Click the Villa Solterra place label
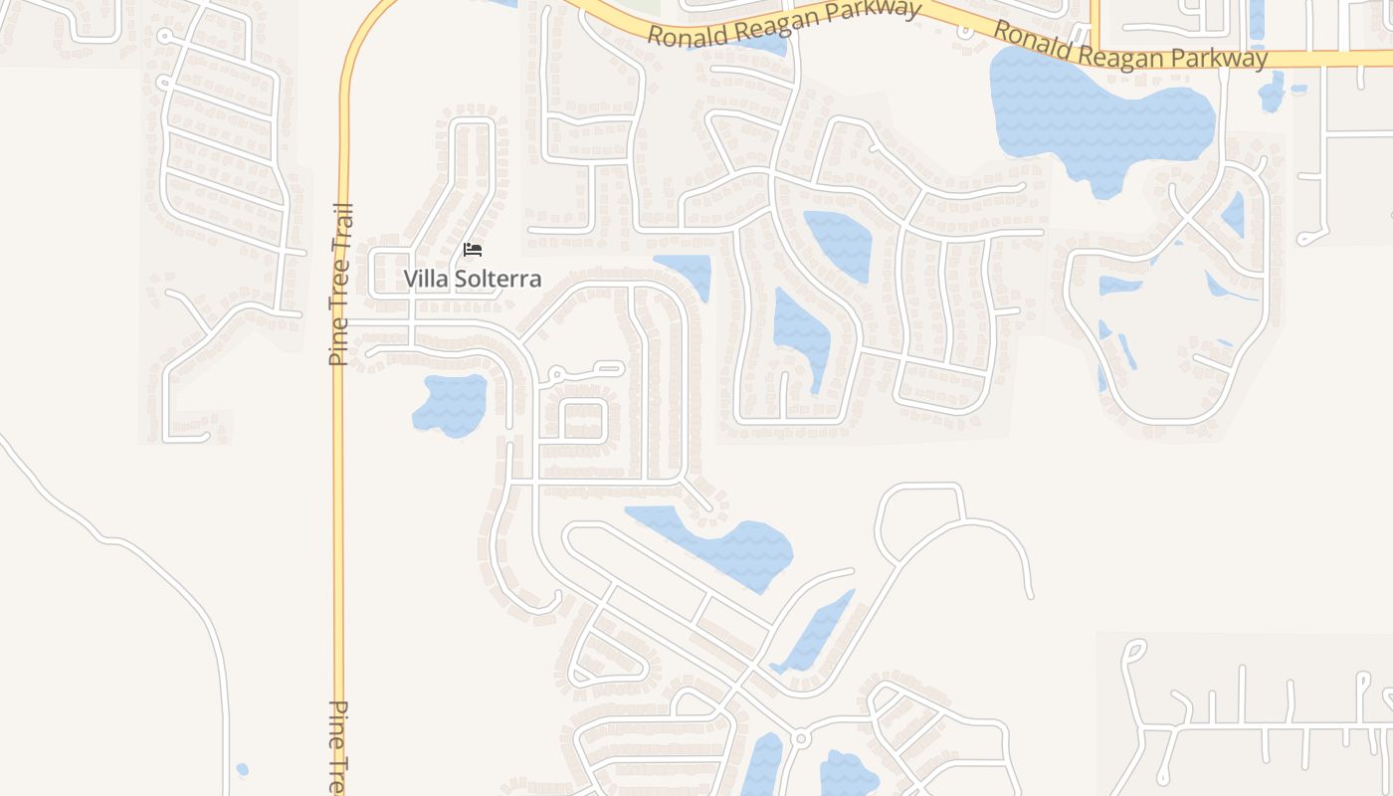tap(473, 279)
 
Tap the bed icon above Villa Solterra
tap(473, 250)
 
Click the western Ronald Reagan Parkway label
tap(783, 22)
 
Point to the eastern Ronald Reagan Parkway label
tap(1130, 46)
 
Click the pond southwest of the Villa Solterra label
tap(451, 403)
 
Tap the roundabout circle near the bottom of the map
tap(800, 738)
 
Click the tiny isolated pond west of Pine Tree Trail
tap(242, 769)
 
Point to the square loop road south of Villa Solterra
tap(585, 420)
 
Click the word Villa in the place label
tap(426, 279)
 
